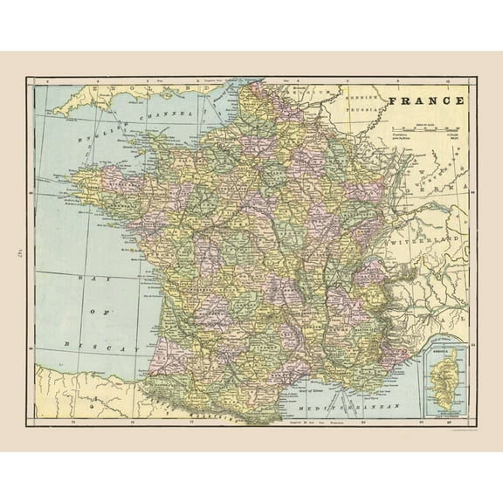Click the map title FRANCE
click(425, 100)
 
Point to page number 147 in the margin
click(17, 251)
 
